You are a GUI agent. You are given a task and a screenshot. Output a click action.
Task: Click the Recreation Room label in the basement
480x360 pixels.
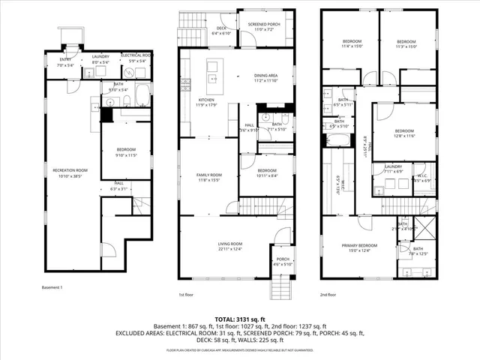point(70,170)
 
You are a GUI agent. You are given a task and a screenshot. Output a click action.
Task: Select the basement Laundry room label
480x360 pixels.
point(100,56)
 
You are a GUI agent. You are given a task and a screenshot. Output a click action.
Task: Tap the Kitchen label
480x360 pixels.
point(207,100)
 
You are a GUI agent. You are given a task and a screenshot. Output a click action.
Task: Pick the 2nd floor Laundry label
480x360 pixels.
point(394,166)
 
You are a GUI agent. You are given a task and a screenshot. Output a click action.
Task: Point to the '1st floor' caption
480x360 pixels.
point(187,295)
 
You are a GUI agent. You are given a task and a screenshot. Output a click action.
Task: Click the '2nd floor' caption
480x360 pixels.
point(328,295)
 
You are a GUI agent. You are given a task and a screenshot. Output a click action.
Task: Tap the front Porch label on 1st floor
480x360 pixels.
point(281,260)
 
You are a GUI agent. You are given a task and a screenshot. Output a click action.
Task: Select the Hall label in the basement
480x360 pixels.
point(118,182)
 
